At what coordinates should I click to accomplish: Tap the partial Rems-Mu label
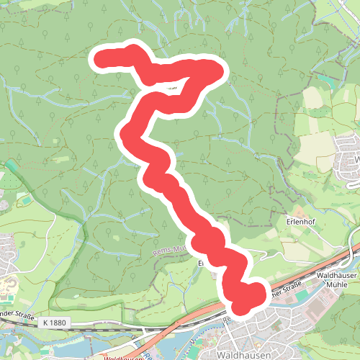170,249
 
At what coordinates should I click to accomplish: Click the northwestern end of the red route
102,59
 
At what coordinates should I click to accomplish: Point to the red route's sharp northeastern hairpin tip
214,71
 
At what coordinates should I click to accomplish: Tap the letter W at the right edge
356,158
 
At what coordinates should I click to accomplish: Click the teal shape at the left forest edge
12,170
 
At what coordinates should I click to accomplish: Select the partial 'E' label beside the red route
202,264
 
